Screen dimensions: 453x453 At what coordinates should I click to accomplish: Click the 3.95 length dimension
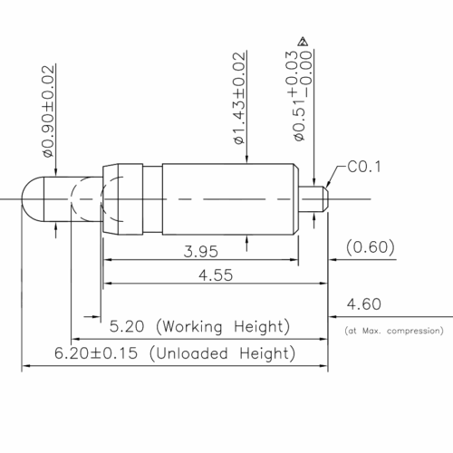201,252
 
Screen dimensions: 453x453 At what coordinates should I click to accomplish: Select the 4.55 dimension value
216,275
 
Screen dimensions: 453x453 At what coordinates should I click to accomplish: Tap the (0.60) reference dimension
371,247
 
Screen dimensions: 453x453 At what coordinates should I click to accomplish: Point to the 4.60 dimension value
364,304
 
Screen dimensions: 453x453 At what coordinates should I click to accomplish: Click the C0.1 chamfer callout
364,167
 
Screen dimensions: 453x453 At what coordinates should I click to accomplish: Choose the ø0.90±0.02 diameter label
48,111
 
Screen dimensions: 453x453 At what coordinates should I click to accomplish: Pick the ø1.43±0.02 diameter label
240,98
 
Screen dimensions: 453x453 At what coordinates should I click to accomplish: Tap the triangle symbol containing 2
303,42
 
